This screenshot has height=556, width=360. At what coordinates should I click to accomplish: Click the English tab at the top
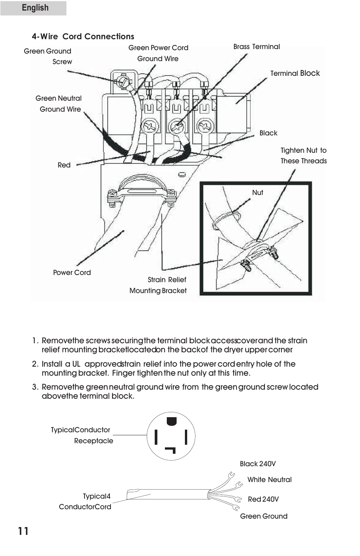(x=35, y=8)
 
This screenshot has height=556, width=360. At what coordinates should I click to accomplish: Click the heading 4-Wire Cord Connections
(x=83, y=37)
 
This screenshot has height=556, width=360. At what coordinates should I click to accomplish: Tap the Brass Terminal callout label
(x=257, y=47)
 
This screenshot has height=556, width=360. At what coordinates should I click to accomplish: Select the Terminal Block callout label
(x=295, y=73)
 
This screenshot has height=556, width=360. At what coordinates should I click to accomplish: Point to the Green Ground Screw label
(x=48, y=56)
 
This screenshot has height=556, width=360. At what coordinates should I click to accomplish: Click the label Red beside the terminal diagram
(x=64, y=165)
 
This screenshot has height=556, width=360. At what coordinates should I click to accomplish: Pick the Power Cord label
(x=72, y=272)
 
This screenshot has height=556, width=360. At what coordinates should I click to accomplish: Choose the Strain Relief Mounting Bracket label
(x=158, y=285)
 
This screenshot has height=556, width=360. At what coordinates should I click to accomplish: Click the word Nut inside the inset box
(x=257, y=192)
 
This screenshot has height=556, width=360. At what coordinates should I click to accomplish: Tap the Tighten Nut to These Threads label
(x=303, y=155)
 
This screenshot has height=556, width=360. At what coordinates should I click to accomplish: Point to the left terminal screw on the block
(x=150, y=126)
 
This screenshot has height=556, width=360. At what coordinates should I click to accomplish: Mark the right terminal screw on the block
(x=206, y=126)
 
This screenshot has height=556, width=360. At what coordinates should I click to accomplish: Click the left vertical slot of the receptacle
(x=156, y=437)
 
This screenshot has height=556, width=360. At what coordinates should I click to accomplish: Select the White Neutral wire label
(x=269, y=480)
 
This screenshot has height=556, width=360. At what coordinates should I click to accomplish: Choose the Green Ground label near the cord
(x=263, y=516)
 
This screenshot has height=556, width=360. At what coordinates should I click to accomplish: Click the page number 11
(x=23, y=531)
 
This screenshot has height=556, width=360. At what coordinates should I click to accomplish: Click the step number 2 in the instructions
(x=35, y=364)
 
